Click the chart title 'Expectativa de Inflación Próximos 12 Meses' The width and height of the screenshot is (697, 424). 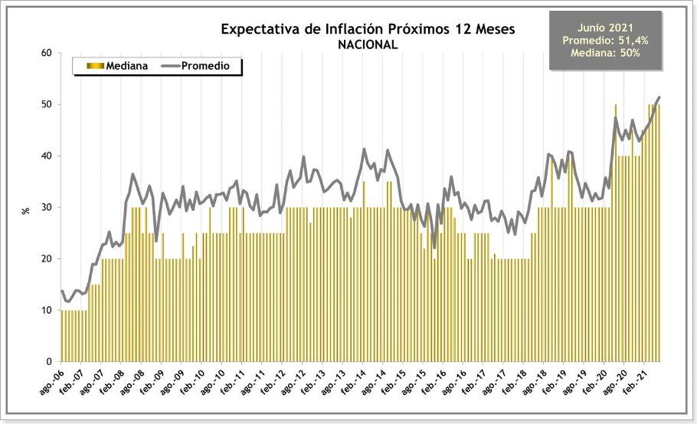368,29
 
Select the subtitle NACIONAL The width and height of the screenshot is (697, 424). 368,44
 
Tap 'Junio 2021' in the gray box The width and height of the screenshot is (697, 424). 605,28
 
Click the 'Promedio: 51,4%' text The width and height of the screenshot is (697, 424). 605,41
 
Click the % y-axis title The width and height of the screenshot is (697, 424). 25,209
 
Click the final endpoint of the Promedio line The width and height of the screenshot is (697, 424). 659,97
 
